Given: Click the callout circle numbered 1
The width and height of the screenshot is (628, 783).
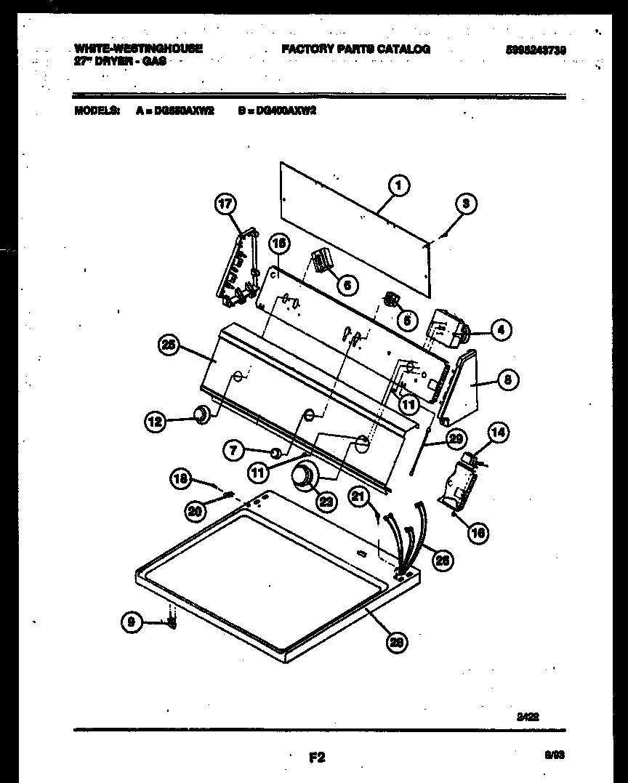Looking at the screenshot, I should click(398, 187).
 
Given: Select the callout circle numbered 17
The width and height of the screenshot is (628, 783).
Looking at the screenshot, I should click(225, 204).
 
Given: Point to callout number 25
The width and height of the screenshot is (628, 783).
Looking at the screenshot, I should click(169, 346).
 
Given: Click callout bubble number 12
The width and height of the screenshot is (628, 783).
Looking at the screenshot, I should click(155, 419).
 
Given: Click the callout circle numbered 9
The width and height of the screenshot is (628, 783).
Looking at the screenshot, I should click(132, 622).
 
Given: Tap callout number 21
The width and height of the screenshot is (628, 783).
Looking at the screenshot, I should click(358, 496).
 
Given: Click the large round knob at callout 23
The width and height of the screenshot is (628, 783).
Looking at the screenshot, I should click(302, 478).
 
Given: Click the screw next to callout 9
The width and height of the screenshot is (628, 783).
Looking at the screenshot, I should click(172, 622).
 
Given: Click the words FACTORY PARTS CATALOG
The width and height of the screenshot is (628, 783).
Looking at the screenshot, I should click(355, 49).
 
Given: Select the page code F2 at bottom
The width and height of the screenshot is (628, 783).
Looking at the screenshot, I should click(316, 758).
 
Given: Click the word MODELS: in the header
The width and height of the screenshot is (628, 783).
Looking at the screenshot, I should click(97, 111).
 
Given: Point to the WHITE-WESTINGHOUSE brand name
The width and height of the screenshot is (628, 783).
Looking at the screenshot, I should click(138, 48).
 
